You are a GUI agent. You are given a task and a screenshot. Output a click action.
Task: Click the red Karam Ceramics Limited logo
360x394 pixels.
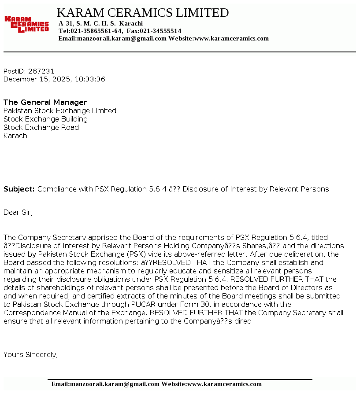tap(26, 24)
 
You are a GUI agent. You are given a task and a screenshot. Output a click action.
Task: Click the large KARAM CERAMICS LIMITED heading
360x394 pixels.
tap(143, 13)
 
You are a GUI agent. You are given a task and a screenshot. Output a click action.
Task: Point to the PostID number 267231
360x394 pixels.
tap(41, 71)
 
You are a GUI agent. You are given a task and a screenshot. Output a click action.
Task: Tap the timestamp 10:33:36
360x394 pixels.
tap(90, 79)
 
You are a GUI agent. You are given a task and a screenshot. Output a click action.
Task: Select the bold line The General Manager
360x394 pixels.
tap(45, 102)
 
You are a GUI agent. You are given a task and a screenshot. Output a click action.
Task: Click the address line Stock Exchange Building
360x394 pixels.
tap(45, 119)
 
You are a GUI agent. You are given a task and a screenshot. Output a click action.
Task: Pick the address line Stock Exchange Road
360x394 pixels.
tap(41, 127)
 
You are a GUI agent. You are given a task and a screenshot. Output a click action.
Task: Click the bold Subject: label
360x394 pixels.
tap(19, 189)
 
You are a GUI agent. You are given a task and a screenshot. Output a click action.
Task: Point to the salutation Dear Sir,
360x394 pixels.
tap(18, 212)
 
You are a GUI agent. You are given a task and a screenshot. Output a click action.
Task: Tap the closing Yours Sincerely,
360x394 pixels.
tap(30, 354)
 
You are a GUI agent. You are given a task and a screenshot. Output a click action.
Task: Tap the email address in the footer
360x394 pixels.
tap(105, 384)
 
